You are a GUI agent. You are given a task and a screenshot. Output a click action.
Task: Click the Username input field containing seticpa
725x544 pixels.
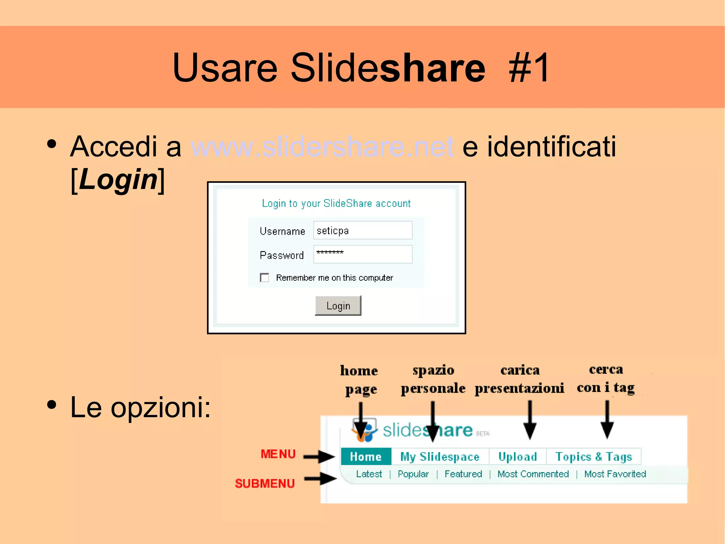click(x=362, y=230)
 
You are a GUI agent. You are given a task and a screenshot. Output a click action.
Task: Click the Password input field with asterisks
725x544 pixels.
click(x=362, y=254)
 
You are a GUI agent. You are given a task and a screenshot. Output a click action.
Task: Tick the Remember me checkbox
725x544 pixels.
click(x=264, y=277)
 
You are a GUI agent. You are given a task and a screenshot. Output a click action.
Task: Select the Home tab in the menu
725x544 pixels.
click(x=366, y=456)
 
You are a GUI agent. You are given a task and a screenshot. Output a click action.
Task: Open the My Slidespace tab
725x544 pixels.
click(x=440, y=456)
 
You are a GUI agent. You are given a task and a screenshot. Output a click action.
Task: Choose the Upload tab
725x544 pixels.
click(x=518, y=456)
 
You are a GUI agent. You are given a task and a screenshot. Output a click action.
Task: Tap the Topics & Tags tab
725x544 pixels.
click(x=594, y=456)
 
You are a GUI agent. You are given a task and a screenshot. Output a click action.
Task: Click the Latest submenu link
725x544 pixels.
click(x=369, y=474)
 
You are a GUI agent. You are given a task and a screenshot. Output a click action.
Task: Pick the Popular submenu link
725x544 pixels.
click(x=413, y=474)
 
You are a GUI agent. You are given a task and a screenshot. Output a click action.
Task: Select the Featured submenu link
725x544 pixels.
click(x=463, y=474)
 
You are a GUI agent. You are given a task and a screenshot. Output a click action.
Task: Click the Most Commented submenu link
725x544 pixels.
click(x=533, y=474)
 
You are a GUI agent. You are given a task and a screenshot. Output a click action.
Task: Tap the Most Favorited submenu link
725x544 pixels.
click(x=615, y=474)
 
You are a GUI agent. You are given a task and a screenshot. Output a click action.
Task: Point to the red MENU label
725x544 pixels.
click(x=278, y=454)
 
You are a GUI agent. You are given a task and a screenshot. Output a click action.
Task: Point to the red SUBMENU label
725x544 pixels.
click(x=265, y=483)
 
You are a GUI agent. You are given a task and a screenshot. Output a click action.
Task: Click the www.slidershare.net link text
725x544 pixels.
click(x=322, y=146)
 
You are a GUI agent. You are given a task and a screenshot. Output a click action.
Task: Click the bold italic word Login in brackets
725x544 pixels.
click(x=118, y=179)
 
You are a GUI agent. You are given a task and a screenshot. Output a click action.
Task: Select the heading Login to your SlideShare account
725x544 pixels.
click(x=336, y=203)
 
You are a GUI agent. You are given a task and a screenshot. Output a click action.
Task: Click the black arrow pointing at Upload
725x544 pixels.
click(x=530, y=420)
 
